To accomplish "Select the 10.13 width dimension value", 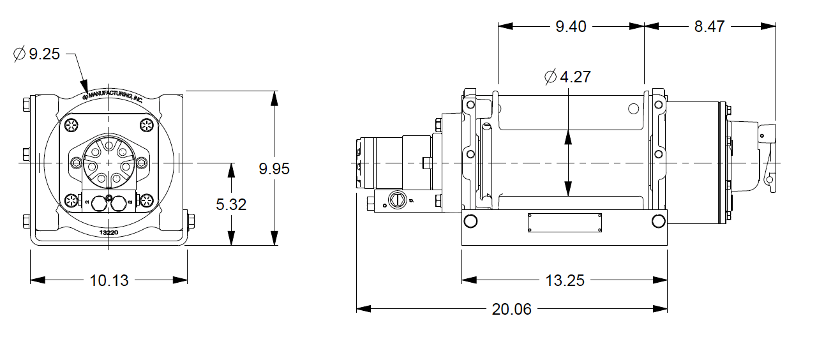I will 109,280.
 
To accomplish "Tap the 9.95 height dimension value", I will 274,169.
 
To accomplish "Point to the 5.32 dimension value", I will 231,204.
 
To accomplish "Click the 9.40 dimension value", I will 571,26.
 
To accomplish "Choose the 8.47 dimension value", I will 710,26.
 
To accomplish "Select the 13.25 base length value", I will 565,280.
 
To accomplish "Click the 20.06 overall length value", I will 511,309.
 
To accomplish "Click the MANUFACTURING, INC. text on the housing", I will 115,95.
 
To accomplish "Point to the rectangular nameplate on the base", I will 565,223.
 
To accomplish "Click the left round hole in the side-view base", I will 471,221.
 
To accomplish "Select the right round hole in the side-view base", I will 657,221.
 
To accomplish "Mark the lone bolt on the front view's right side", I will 190,220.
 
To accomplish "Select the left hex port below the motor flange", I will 99,204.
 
